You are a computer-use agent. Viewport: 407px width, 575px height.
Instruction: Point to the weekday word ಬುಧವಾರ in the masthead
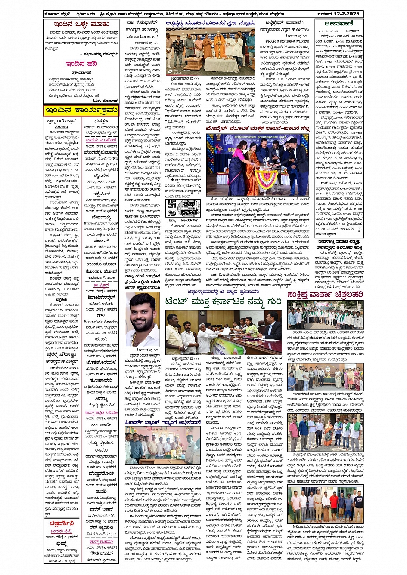coord(329,14)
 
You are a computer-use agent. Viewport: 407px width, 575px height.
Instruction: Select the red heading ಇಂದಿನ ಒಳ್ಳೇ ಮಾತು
coord(81,25)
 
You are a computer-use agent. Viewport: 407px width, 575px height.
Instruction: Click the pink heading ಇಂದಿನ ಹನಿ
coord(81,64)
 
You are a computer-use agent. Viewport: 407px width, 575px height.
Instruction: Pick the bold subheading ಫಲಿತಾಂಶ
coord(81,73)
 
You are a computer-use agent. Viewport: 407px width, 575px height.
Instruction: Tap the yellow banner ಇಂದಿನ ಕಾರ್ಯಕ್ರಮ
coord(81,111)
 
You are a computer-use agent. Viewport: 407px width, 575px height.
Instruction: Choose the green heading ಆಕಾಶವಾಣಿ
coord(340,24)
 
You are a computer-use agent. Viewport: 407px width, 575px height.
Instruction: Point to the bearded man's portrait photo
coord(142,319)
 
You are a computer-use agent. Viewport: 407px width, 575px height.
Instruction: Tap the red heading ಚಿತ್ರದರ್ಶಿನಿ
coord(62,523)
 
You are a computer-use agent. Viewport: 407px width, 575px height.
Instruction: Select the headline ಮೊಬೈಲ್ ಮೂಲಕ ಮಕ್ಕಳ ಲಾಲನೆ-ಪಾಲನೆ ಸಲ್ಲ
coord(258,129)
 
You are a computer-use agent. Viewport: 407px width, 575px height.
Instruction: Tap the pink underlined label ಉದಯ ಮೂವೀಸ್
coord(101,140)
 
